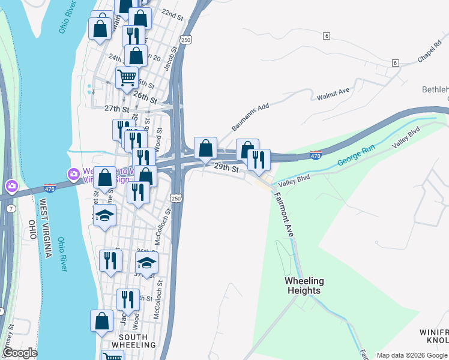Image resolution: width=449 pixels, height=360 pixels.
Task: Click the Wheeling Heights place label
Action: coord(304,286)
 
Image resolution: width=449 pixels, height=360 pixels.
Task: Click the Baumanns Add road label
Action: coord(248,117)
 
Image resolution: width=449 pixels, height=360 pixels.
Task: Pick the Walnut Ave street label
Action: coord(333,94)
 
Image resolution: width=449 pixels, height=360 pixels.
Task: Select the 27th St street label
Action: coord(116,109)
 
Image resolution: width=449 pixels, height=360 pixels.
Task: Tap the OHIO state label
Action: coord(31,230)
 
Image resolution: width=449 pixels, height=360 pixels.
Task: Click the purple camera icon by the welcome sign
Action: coord(74,174)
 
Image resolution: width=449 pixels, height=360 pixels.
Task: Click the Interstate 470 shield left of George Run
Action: coord(316,155)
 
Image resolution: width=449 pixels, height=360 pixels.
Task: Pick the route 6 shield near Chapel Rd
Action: coord(394,63)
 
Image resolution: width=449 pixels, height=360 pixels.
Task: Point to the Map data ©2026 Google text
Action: coord(412,355)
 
